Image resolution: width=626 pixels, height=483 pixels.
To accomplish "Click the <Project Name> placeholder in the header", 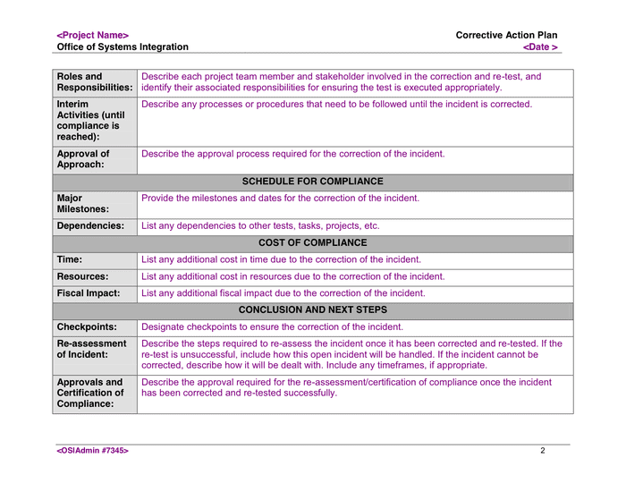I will point(93,36).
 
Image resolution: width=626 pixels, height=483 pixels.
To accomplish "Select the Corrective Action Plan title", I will point(506,36).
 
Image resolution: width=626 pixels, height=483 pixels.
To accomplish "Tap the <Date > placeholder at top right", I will point(540,47).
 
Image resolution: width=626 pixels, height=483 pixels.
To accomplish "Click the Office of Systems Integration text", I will point(123,47).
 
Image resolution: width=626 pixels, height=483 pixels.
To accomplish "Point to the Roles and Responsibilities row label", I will point(94,82).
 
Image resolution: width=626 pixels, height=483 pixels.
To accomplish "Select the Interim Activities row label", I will point(90,121).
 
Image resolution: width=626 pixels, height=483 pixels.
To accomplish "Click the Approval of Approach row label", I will point(83,159).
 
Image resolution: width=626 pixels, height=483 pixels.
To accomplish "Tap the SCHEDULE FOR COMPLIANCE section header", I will point(312,182).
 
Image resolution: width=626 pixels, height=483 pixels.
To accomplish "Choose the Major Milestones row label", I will point(83,204).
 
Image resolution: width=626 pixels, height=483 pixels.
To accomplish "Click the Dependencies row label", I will point(90,226).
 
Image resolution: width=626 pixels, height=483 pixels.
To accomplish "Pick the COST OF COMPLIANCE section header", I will point(312,243).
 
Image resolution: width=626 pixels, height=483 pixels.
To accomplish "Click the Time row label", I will point(70,259).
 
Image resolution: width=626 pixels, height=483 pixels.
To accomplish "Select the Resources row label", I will point(82,277).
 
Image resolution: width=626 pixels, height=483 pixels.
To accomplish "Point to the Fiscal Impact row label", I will point(89,293).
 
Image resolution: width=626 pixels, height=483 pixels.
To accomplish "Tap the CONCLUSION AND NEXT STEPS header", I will point(312,310).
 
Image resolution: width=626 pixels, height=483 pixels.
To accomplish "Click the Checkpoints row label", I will point(87,327).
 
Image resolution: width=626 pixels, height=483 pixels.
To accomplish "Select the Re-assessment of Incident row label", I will point(91,349).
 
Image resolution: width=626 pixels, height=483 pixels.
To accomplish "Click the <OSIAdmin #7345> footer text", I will point(93,451).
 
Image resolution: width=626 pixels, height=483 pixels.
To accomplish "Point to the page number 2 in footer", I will point(542,451).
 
